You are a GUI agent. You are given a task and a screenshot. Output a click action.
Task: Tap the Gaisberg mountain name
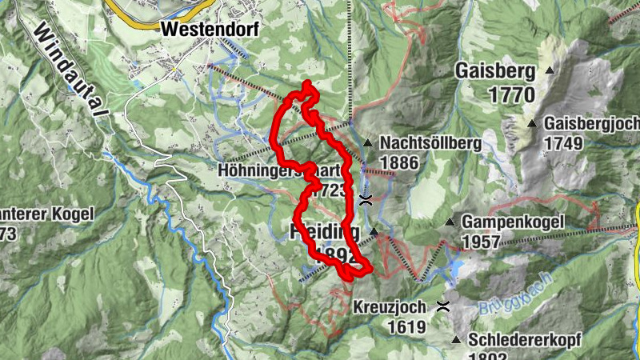click(494, 71)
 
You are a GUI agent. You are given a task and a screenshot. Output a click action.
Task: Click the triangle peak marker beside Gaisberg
click(550, 71)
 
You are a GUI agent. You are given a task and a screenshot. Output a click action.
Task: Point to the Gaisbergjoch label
click(591, 124)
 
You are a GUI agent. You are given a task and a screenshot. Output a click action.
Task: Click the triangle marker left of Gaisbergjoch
click(532, 124)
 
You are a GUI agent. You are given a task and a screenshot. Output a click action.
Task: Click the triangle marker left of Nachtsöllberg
click(367, 143)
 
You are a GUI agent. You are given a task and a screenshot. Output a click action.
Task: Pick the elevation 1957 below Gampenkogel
click(481, 241)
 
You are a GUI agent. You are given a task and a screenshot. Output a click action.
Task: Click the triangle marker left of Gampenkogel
click(450, 222)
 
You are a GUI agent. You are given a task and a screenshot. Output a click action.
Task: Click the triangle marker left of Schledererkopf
click(455, 339)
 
